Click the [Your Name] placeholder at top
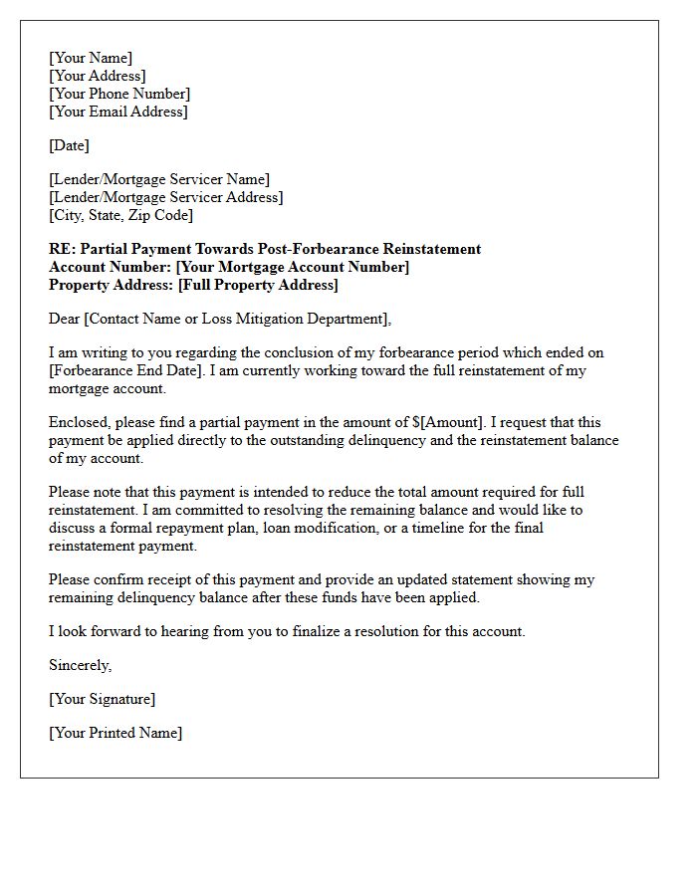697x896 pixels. click(x=91, y=58)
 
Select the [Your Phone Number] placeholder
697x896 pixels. click(x=119, y=94)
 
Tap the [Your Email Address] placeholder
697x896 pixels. click(x=117, y=112)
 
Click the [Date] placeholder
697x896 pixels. click(x=69, y=145)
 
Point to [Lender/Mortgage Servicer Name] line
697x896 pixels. click(x=159, y=179)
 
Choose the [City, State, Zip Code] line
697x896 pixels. click(x=120, y=215)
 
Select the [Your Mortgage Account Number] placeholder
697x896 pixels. click(x=293, y=267)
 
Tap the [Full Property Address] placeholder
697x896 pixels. click(x=258, y=285)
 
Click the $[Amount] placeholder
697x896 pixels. click(x=450, y=422)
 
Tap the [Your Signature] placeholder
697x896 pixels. click(x=102, y=699)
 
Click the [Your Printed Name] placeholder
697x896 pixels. click(x=116, y=733)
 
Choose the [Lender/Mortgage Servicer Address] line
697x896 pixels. click(x=165, y=197)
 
